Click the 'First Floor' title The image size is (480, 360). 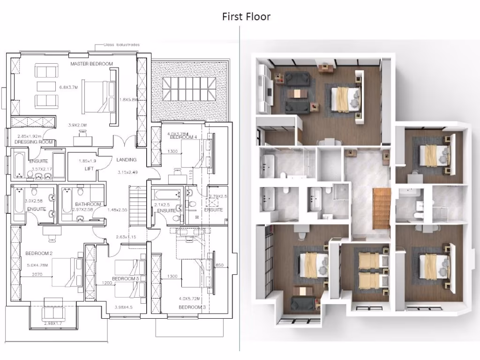[x=246, y=17]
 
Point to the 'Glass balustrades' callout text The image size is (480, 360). [x=121, y=45]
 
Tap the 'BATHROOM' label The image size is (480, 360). [x=88, y=204]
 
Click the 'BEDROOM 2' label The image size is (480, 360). [x=39, y=254]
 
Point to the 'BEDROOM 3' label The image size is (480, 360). [x=192, y=307]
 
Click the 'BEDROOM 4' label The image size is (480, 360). [x=182, y=137]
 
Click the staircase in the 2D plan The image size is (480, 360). [x=137, y=205]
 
